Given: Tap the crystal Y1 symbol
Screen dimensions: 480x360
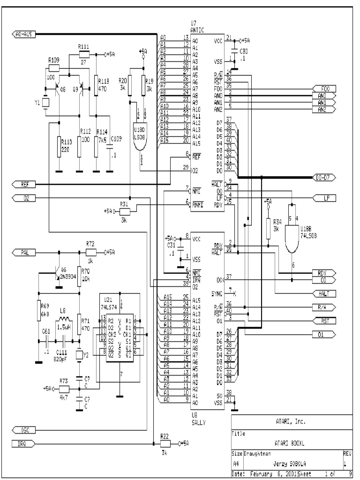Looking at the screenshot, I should click(x=45, y=103).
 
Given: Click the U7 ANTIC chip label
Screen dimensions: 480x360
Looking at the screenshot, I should click(x=197, y=26).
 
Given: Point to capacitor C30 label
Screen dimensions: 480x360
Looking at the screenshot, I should click(x=243, y=52).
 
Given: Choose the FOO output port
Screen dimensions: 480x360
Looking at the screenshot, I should click(x=323, y=89).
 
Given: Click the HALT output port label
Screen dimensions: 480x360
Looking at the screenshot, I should click(x=323, y=293).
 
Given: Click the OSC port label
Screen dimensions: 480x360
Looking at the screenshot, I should click(x=23, y=429).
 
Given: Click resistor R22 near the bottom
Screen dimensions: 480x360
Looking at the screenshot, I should click(x=165, y=443).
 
